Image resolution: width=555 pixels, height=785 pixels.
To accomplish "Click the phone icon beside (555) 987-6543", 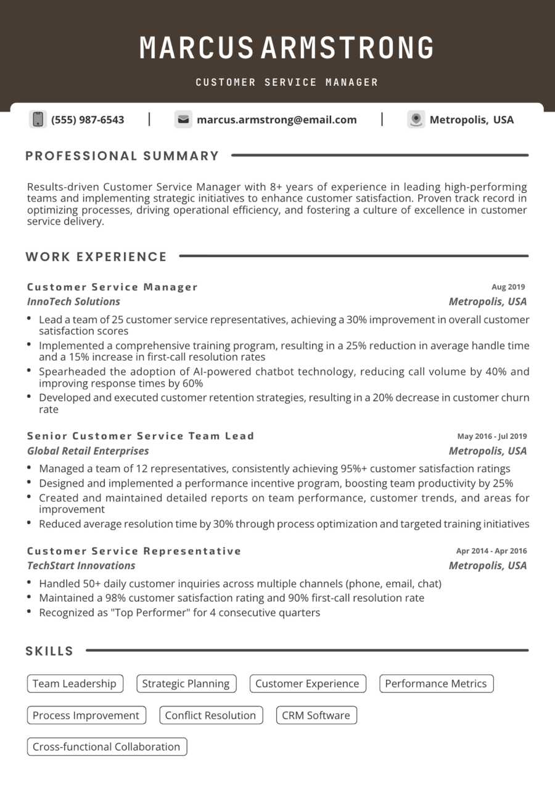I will [38, 120].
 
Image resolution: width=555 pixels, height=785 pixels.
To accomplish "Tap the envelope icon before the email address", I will [183, 120].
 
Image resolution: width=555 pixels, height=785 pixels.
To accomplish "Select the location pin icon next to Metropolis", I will [416, 120].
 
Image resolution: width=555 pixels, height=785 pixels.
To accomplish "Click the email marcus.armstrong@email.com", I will [276, 120].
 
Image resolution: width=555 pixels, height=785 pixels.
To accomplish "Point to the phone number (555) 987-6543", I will [88, 120].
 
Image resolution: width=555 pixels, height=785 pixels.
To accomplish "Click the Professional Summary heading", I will [122, 156].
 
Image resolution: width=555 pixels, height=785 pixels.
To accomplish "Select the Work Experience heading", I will [96, 257].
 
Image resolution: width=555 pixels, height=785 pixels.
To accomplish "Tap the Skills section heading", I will [49, 651].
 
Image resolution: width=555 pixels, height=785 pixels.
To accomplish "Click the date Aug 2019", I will [508, 287].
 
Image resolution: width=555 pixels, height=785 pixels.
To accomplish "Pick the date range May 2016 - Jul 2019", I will [491, 436].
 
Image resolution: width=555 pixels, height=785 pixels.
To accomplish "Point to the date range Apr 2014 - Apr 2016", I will [491, 551].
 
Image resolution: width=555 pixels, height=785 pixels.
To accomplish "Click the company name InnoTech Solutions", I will [73, 302].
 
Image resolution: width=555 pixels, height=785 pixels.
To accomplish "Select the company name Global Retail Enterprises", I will [88, 451].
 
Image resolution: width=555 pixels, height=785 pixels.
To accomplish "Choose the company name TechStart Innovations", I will [81, 565].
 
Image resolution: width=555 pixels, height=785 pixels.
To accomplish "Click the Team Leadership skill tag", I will [75, 683].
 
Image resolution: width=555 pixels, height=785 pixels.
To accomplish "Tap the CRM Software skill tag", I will [316, 715].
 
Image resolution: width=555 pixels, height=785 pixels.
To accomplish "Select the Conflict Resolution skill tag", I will [210, 715].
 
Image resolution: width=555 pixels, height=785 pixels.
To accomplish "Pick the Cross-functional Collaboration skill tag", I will [106, 747].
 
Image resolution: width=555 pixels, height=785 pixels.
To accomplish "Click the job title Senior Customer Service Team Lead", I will [140, 436].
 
